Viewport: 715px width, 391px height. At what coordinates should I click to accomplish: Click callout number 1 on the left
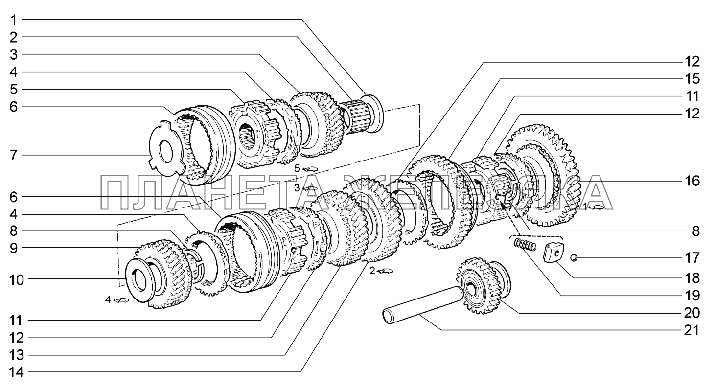pyautogui.click(x=13, y=20)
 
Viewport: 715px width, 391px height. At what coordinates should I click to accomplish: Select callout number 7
pyautogui.click(x=13, y=156)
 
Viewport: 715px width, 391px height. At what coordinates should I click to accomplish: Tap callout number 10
pyautogui.click(x=17, y=280)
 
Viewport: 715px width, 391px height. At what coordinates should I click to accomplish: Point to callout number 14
pyautogui.click(x=17, y=372)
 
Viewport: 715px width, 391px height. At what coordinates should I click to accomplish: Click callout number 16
pyautogui.click(x=692, y=181)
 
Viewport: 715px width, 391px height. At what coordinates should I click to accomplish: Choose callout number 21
pyautogui.click(x=692, y=330)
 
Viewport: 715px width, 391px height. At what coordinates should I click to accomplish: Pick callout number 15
pyautogui.click(x=692, y=79)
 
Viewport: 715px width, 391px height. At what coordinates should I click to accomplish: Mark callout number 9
pyautogui.click(x=13, y=248)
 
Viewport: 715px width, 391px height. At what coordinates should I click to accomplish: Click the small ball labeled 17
pyautogui.click(x=574, y=257)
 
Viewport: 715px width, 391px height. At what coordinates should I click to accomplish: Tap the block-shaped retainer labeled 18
pyautogui.click(x=553, y=252)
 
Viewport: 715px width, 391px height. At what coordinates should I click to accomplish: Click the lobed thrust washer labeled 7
pyautogui.click(x=167, y=148)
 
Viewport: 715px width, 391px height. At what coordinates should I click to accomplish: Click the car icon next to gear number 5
pyautogui.click(x=310, y=169)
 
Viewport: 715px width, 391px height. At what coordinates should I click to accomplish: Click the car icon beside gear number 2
pyautogui.click(x=385, y=271)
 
